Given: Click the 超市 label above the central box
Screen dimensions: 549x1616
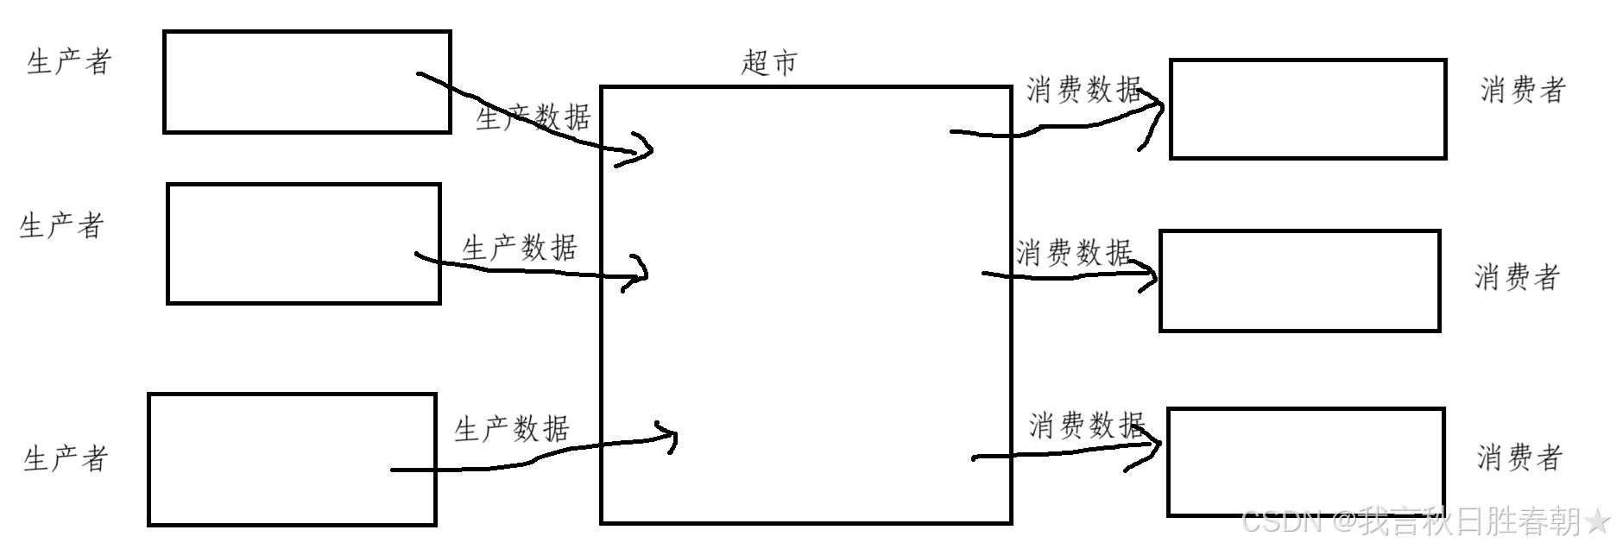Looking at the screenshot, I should pos(769,63).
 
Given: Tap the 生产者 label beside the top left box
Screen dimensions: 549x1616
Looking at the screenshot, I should pos(69,62).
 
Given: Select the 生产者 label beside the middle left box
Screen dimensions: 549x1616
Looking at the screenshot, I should pos(62,226).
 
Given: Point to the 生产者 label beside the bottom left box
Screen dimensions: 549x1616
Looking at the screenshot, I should pos(66,458).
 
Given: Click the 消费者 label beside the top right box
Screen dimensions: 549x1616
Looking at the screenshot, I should pos(1523,90).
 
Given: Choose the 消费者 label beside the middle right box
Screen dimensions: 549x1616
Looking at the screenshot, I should pos(1517,277).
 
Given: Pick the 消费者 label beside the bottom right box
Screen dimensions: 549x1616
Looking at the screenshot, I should pos(1519,457).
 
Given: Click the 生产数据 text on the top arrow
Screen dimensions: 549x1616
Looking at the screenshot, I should pos(533,117).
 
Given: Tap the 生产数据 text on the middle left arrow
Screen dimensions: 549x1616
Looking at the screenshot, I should pos(520,249).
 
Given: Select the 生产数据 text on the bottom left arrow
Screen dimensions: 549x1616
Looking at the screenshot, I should pos(512,429).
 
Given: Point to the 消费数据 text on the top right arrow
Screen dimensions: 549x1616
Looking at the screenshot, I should pos(1084,90).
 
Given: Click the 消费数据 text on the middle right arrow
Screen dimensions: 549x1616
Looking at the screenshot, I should pos(1074,253).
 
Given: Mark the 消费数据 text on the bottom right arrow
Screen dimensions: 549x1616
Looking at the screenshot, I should pos(1087,426).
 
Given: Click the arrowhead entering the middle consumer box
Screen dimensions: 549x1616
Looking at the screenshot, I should pos(1150,275).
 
